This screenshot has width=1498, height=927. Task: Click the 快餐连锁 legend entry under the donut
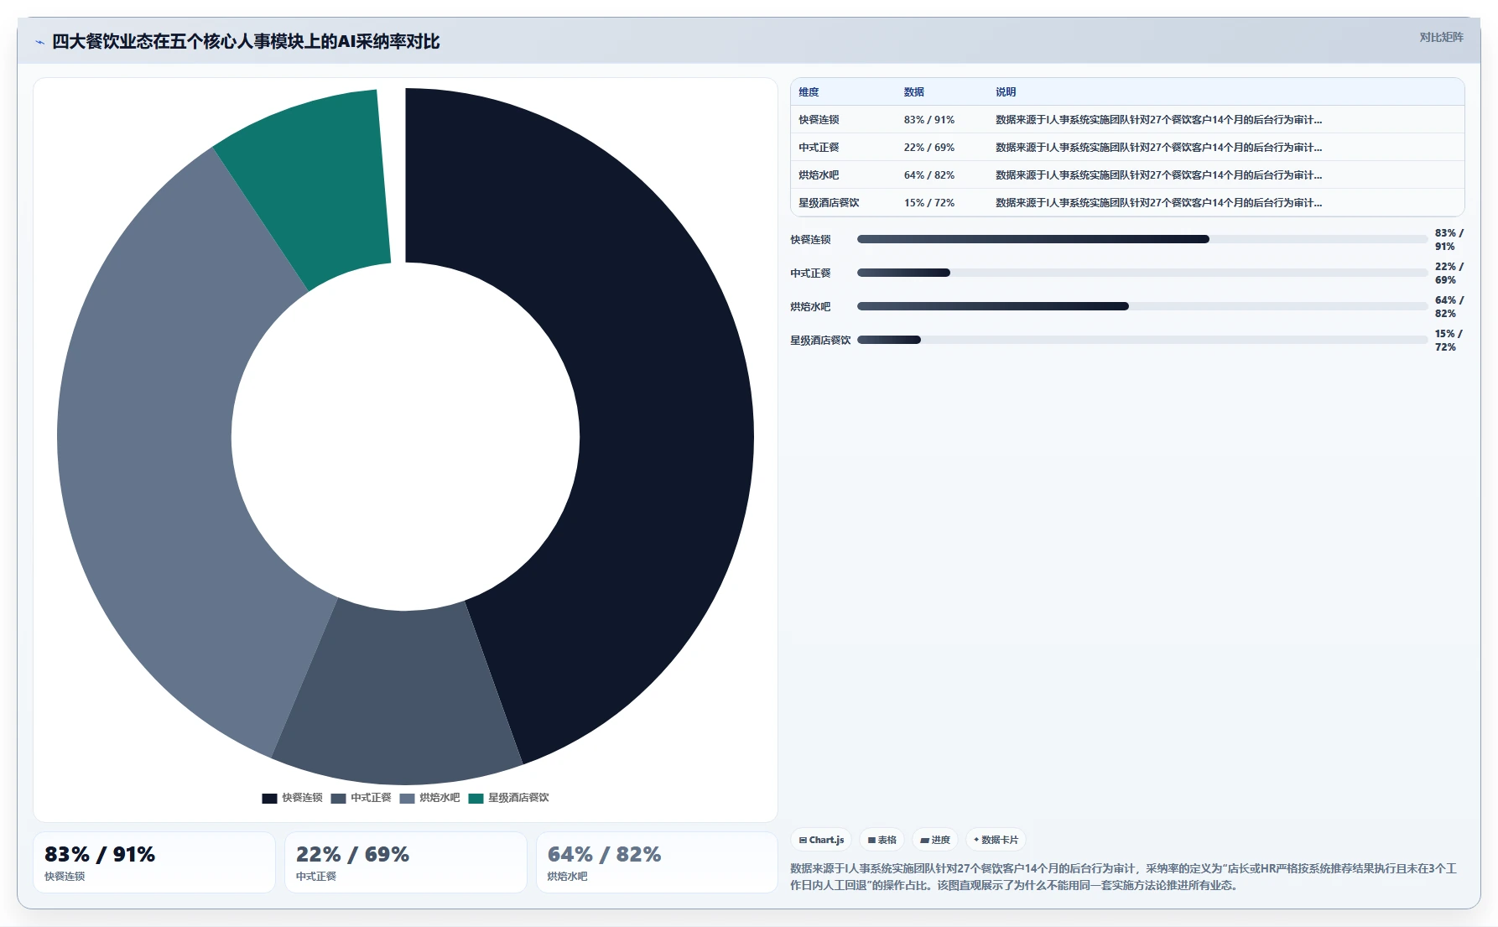pos(292,798)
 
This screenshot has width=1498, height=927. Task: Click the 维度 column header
pos(809,92)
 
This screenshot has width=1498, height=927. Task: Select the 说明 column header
pos(1006,92)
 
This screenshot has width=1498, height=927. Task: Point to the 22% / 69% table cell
pos(929,148)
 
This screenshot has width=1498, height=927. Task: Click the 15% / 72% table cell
pos(929,203)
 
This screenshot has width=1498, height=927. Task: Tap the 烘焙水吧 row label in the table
pos(819,175)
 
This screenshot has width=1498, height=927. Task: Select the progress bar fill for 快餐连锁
pos(1033,239)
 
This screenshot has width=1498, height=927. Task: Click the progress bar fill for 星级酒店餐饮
pos(889,340)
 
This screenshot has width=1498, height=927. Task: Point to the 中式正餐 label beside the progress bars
pos(810,273)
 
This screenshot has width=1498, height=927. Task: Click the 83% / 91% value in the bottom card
pos(100,854)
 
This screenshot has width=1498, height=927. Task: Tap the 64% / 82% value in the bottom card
pos(604,854)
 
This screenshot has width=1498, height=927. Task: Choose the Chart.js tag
pos(821,840)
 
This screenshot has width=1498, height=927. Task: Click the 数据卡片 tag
pos(996,840)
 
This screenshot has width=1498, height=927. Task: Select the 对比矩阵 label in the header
pos(1441,38)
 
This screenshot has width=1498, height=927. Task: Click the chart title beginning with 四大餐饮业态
pos(246,42)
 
